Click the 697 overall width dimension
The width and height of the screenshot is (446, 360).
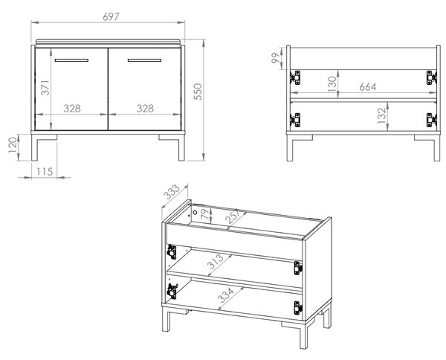[x=111, y=17]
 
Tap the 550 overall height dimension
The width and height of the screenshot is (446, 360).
[x=198, y=91]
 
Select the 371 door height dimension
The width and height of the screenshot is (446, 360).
[x=45, y=88]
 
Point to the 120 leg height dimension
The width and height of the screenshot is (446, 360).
[x=13, y=145]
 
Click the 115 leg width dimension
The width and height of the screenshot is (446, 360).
[x=45, y=172]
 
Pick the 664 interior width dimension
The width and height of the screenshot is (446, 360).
[x=368, y=87]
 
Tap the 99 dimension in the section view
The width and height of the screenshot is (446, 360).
[x=275, y=58]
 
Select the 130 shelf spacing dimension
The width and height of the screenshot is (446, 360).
[x=332, y=84]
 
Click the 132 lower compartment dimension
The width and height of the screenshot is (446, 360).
[x=382, y=115]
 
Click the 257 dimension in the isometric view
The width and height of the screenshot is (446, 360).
[x=232, y=216]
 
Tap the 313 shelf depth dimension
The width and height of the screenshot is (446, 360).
[x=216, y=262]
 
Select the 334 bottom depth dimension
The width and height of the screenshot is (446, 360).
[x=225, y=295]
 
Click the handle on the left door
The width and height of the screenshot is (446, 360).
[x=71, y=60]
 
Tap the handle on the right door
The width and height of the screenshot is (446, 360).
[x=144, y=60]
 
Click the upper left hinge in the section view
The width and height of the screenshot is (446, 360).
[x=295, y=77]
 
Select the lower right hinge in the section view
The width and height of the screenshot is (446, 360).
[x=431, y=120]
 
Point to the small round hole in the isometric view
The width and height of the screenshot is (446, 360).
[x=195, y=212]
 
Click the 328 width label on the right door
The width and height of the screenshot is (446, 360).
[x=145, y=109]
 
